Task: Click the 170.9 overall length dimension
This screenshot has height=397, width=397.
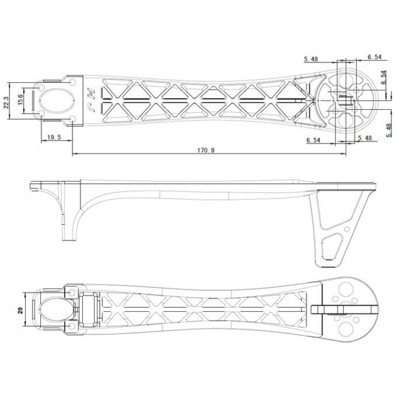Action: pyautogui.click(x=206, y=150)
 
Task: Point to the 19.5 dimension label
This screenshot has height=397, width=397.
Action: pyautogui.click(x=54, y=137)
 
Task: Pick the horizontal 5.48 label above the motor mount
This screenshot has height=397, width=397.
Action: pyautogui.click(x=311, y=59)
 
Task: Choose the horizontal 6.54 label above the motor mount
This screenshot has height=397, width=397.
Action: pyautogui.click(x=374, y=57)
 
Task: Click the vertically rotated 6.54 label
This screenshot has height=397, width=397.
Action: pyautogui.click(x=384, y=77)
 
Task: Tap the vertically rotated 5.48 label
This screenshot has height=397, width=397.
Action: pyautogui.click(x=389, y=131)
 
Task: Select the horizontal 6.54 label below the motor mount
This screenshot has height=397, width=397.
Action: pyautogui.click(x=313, y=140)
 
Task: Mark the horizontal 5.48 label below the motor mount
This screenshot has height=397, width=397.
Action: pyautogui.click(x=365, y=138)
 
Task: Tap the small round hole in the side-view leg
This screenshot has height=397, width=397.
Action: pyautogui.click(x=347, y=229)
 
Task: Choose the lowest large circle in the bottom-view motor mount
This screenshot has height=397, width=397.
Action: pyautogui.click(x=345, y=329)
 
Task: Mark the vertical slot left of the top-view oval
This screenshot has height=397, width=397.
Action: pyautogui.click(x=33, y=101)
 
